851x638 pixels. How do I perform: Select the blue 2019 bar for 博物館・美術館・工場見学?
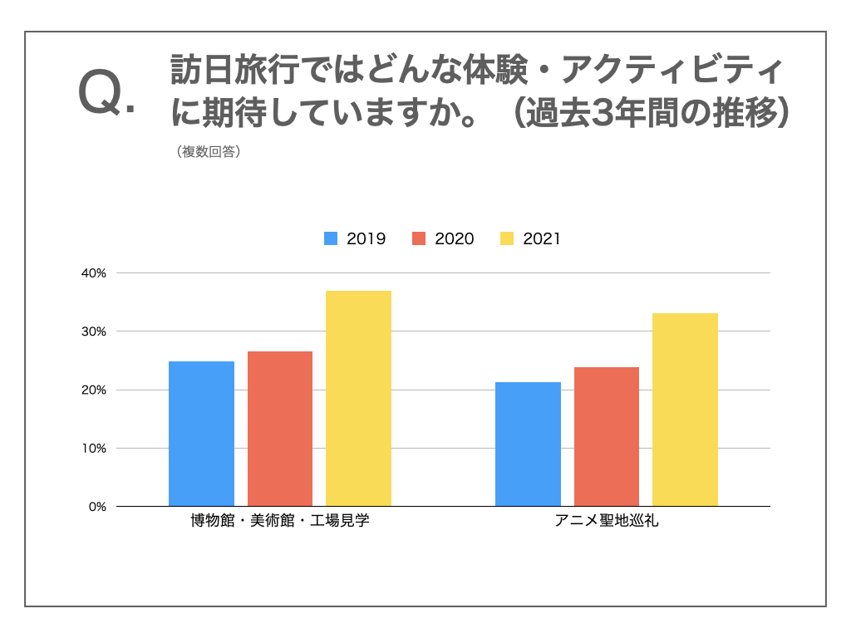pos(201,434)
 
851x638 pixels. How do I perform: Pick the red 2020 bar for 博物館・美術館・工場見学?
pos(280,429)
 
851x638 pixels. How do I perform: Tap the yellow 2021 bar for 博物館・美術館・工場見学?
pos(358,398)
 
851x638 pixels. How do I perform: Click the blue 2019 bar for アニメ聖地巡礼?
pos(528,444)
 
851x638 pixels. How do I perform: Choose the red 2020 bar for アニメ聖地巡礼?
pos(606,436)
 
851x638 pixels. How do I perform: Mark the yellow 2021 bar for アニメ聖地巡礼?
pos(685,410)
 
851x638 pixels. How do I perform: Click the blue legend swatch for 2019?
pos(331,239)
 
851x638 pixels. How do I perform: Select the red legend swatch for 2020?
pos(419,239)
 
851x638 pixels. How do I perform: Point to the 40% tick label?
pos(94,273)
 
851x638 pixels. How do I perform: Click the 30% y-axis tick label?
pos(94,331)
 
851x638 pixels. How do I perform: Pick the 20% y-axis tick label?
pos(94,390)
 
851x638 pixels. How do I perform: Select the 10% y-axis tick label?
pos(94,448)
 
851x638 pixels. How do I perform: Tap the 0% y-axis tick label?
pos(97,506)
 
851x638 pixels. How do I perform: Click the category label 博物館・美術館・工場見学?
pos(279,523)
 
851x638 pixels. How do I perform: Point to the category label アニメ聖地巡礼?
pos(607,523)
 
